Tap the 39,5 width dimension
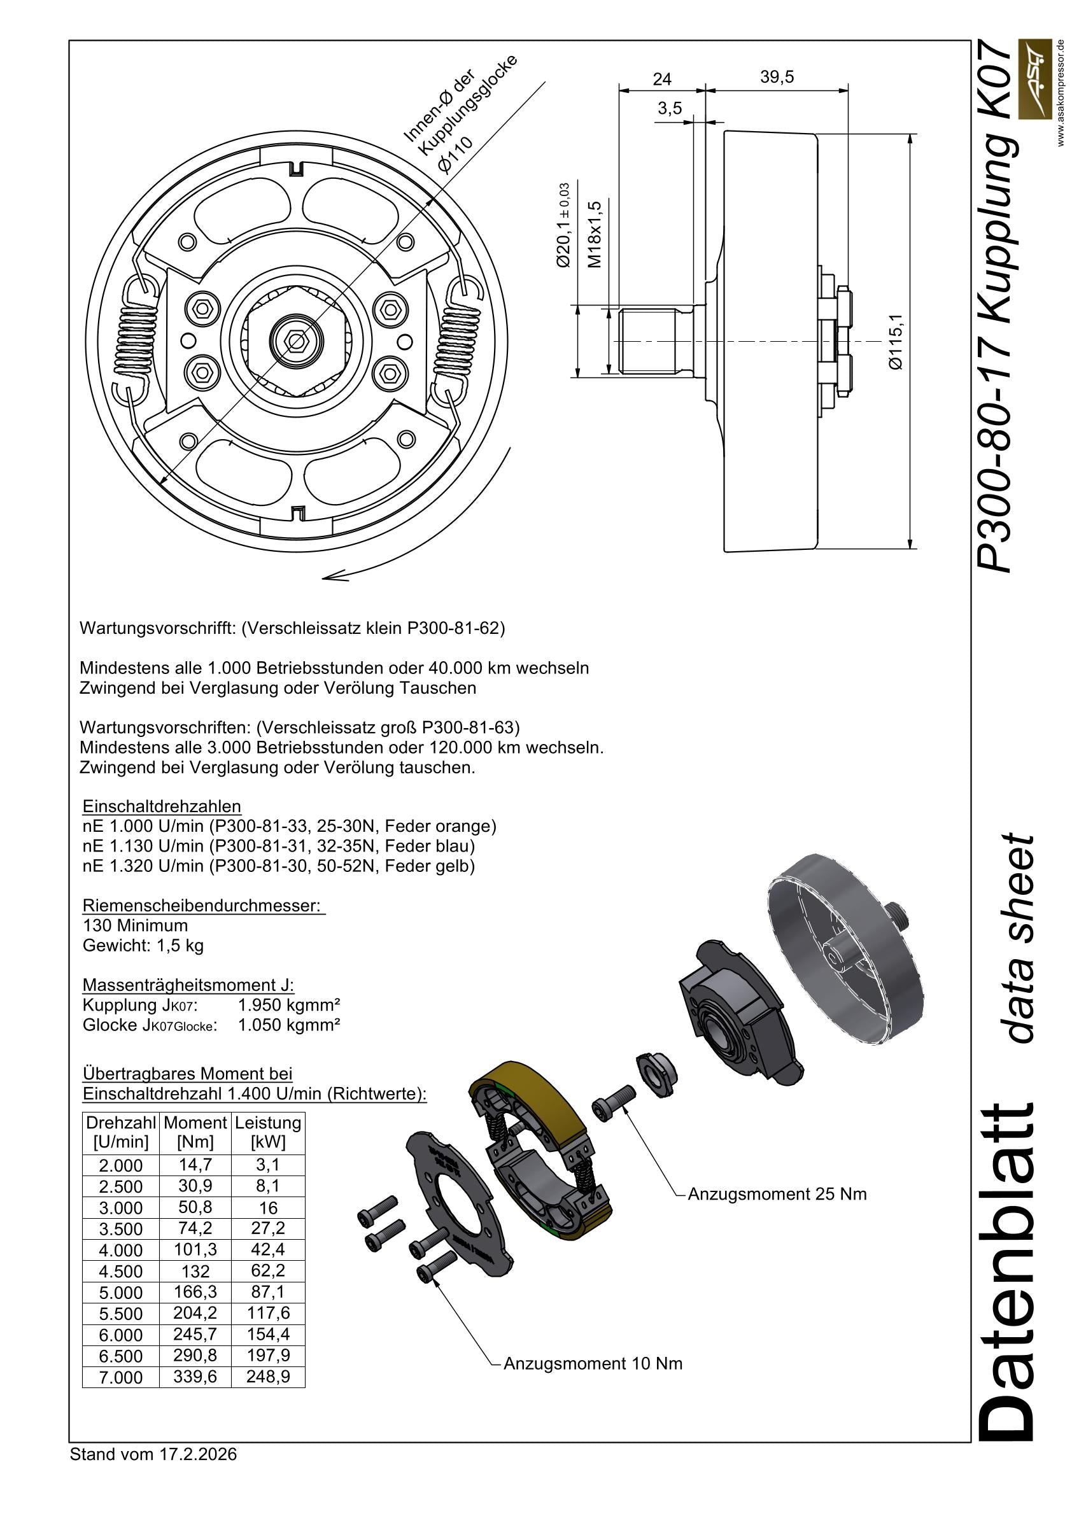tap(777, 76)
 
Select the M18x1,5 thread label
tap(595, 234)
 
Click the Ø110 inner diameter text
tap(456, 154)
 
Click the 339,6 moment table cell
tap(195, 1377)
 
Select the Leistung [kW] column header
tap(267, 1132)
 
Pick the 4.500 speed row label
tap(120, 1271)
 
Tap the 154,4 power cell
tap(267, 1335)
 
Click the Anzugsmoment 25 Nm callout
tap(777, 1195)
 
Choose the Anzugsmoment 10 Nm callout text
tap(593, 1363)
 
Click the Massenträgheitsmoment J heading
tap(188, 985)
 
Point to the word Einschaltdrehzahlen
tap(161, 806)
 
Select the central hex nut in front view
tap(295, 341)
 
